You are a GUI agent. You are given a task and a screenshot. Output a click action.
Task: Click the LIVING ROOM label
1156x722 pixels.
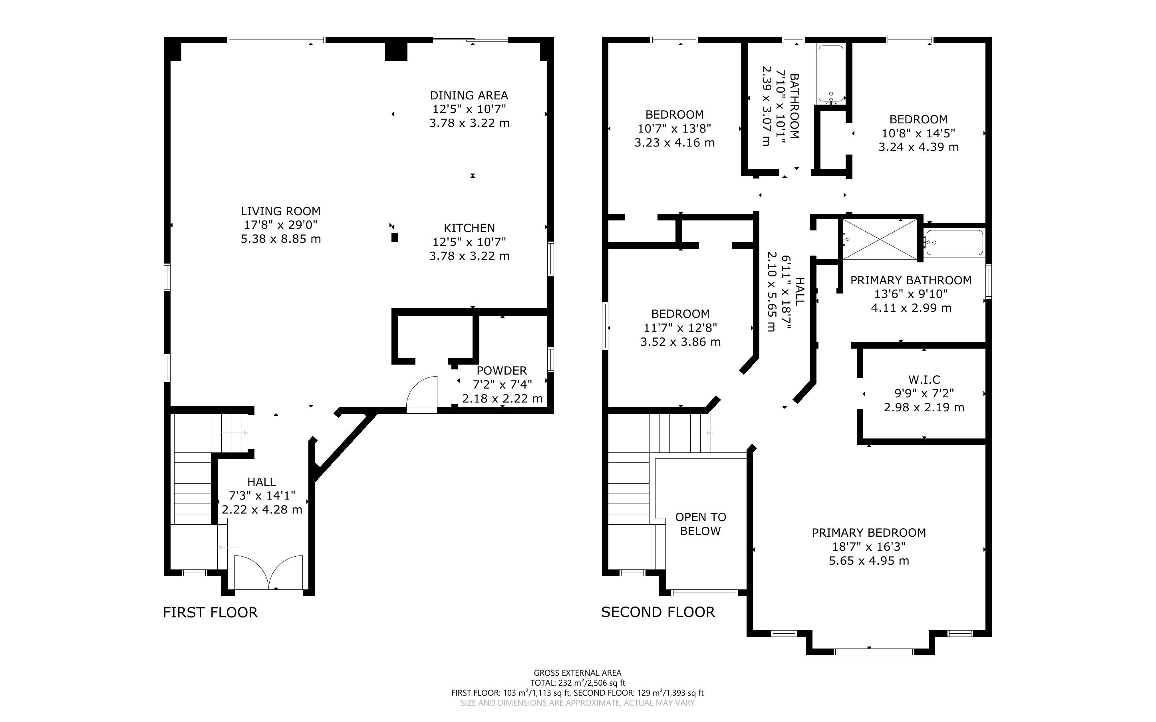coord(280,211)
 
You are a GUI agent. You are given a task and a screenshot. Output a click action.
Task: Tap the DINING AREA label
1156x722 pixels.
coord(469,95)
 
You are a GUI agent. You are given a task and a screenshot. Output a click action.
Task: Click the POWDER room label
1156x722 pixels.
coord(502,371)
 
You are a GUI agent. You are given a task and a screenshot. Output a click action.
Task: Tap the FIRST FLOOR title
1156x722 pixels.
coord(210,612)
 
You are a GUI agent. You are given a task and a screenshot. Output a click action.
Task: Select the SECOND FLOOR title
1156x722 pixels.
coord(658,612)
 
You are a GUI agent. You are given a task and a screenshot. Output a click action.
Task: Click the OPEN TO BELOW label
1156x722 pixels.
coord(701,524)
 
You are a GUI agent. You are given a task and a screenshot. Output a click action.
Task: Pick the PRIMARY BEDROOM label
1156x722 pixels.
coord(869,532)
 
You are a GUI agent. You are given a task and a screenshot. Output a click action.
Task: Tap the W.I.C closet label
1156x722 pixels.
coord(924,380)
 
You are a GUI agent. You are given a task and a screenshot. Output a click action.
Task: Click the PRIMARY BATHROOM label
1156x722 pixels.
coord(911,280)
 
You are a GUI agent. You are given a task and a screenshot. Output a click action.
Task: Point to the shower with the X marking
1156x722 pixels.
coord(880,239)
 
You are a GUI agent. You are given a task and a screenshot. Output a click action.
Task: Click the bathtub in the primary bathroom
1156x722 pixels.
coord(953,242)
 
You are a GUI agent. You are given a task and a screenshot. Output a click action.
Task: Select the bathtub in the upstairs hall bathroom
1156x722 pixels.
coord(831,74)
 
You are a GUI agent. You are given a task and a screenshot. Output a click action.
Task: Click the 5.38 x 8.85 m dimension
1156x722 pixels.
coord(281,239)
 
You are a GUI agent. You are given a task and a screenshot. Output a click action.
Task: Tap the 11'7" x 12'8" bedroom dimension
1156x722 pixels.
coord(680,327)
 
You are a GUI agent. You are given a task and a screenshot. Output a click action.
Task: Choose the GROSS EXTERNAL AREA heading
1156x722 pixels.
coord(577,673)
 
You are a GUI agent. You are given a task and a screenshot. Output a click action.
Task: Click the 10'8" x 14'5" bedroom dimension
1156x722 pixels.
coord(919,133)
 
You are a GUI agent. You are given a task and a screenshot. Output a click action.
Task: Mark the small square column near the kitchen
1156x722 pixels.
coord(394,237)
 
